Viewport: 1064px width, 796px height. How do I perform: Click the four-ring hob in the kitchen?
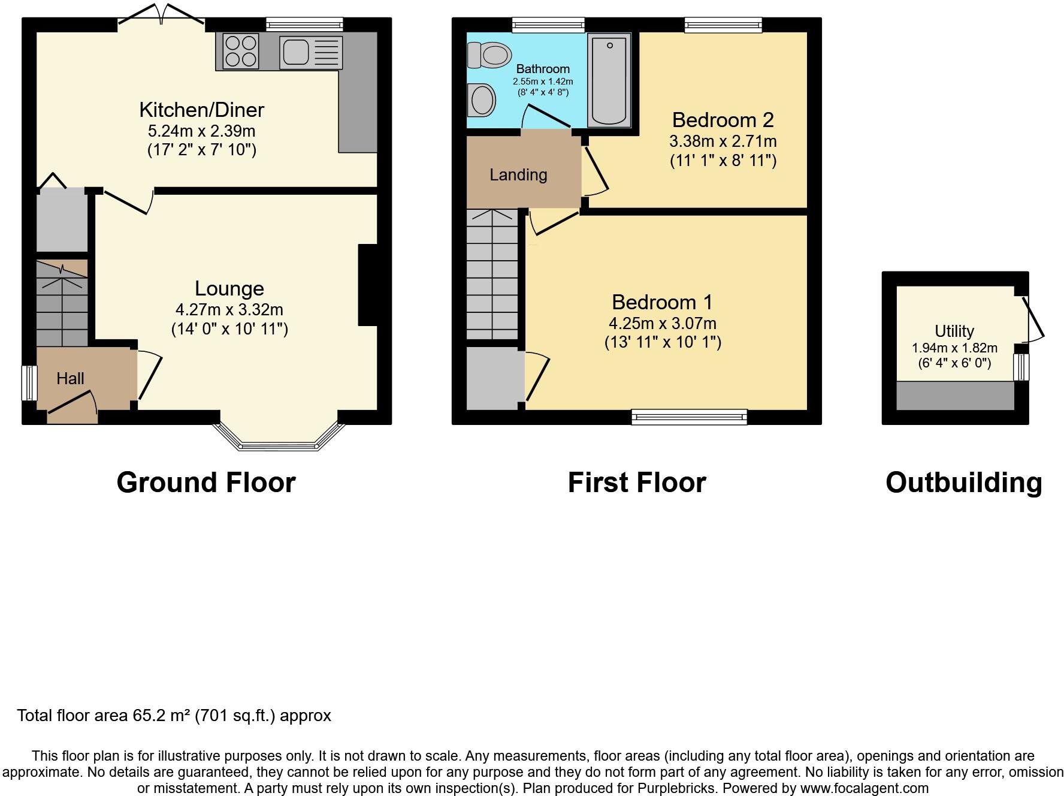(241, 51)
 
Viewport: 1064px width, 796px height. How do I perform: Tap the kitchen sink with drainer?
(311, 52)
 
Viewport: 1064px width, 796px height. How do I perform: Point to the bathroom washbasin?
(482, 99)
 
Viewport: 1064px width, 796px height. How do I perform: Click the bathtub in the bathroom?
(609, 80)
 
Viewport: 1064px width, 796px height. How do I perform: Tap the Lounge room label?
(229, 288)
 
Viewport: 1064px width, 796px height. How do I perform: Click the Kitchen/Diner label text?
(201, 110)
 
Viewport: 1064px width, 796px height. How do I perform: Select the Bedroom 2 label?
(723, 120)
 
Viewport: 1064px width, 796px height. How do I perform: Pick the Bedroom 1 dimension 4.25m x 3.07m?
(663, 324)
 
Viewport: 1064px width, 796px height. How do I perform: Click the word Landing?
(518, 175)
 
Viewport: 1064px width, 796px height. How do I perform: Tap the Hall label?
(70, 378)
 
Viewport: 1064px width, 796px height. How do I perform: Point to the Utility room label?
(954, 331)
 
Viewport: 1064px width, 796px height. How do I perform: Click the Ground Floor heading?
(206, 483)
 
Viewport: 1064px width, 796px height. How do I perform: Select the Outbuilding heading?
(964, 483)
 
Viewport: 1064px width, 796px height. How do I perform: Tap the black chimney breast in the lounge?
(368, 285)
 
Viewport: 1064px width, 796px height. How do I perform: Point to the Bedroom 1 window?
(690, 417)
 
